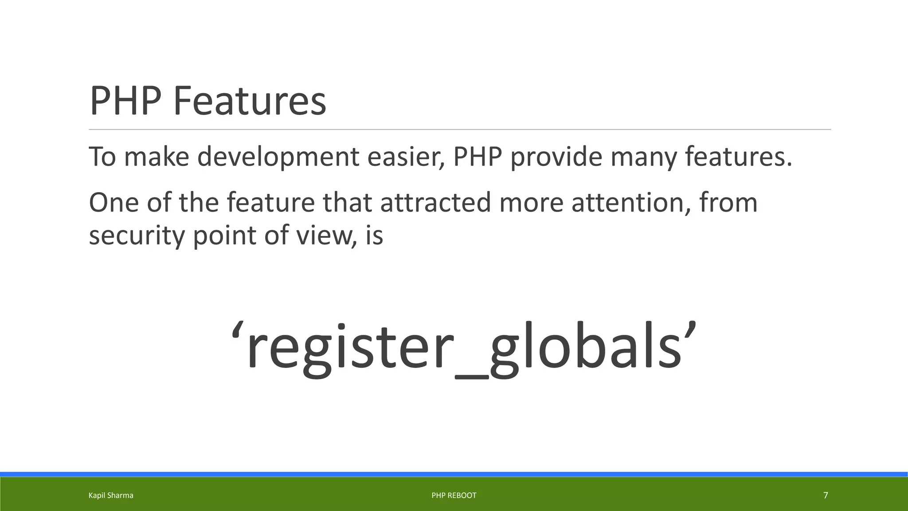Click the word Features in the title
click(249, 101)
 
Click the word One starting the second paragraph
click(114, 203)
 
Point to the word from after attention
click(728, 203)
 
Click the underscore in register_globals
click(472, 376)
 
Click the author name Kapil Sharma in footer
click(111, 495)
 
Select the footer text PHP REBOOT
click(454, 495)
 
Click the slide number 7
click(826, 495)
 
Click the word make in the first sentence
click(156, 157)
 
